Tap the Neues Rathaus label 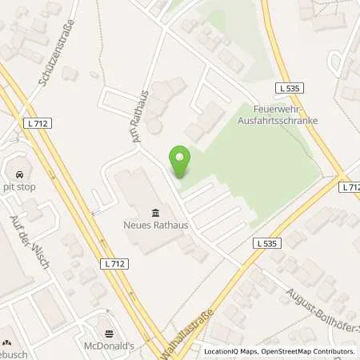click(155, 226)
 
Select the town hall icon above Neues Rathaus click(155, 212)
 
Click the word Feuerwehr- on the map click(274, 107)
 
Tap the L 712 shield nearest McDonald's click(114, 262)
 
